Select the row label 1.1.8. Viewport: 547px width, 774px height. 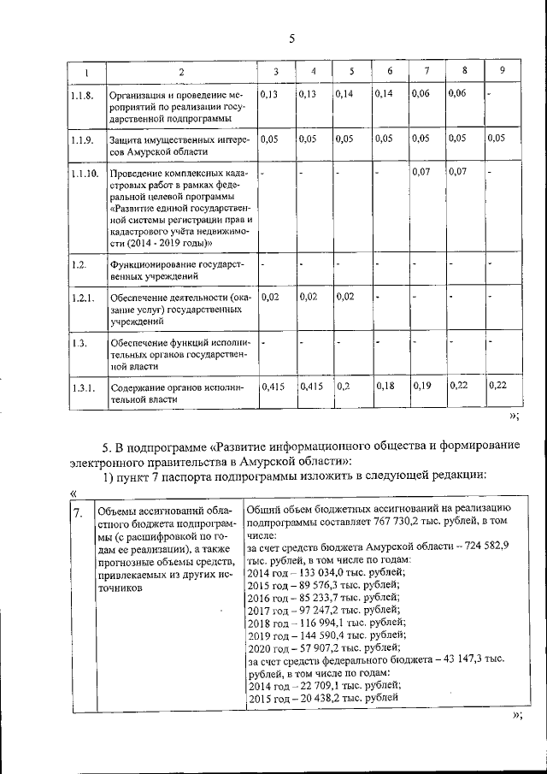[x=82, y=94]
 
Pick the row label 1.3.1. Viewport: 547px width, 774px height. [x=82, y=387]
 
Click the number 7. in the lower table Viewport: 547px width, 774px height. [x=78, y=513]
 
